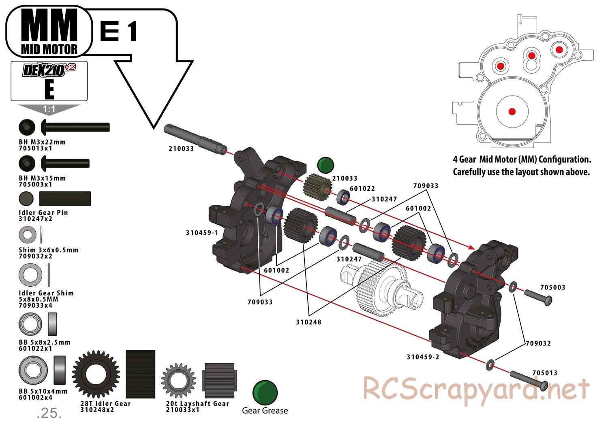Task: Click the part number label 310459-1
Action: pyautogui.click(x=202, y=233)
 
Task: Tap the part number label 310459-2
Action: pyautogui.click(x=423, y=357)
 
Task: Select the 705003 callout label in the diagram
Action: pyautogui.click(x=552, y=287)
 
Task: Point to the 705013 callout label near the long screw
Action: pyautogui.click(x=544, y=373)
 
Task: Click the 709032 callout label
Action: pyautogui.click(x=538, y=343)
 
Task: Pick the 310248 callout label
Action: pyautogui.click(x=308, y=322)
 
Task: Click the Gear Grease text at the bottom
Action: pyautogui.click(x=265, y=411)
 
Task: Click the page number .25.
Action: pyautogui.click(x=49, y=413)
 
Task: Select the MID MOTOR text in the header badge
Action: pyautogui.click(x=49, y=49)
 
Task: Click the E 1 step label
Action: pyautogui.click(x=118, y=31)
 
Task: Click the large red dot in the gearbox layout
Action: pyautogui.click(x=512, y=111)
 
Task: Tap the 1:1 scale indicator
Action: pyautogui.click(x=49, y=109)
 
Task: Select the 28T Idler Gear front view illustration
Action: pyautogui.click(x=96, y=374)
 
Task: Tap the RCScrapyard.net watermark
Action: pyautogui.click(x=476, y=389)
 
